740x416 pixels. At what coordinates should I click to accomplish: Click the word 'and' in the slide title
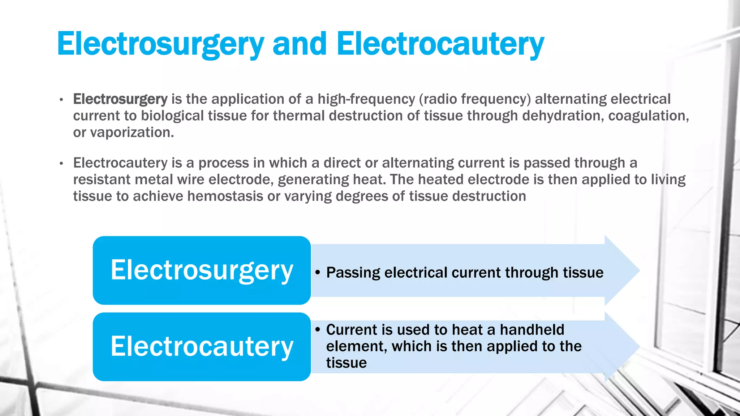coord(300,44)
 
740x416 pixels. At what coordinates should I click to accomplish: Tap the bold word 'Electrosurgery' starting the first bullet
coord(120,99)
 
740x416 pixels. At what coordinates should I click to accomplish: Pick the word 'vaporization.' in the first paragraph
coord(132,133)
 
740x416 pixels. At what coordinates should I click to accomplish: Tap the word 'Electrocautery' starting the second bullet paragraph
coord(120,163)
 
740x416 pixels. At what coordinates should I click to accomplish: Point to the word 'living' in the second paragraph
coord(668,179)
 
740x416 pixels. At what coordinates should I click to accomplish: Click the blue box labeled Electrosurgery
coord(202,270)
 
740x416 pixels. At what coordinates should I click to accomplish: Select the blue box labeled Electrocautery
coord(202,346)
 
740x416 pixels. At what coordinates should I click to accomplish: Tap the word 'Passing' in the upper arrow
coord(353,273)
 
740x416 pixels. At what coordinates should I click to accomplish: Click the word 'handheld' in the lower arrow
coord(532,330)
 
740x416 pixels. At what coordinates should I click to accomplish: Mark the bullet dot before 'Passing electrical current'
coord(318,273)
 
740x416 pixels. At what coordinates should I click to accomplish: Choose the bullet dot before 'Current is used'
coord(318,330)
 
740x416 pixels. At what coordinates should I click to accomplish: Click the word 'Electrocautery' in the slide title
coord(440,44)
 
